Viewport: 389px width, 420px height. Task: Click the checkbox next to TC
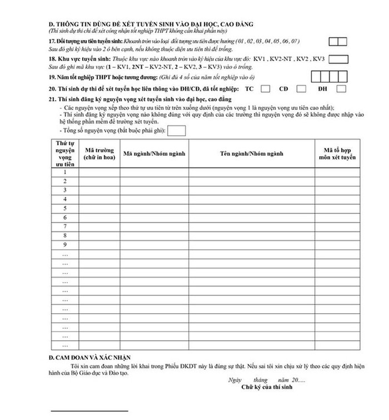(x=266, y=88)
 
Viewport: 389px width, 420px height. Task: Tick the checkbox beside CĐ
(x=302, y=88)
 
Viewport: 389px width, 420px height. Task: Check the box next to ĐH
(x=341, y=88)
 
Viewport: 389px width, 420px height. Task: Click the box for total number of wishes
(x=176, y=130)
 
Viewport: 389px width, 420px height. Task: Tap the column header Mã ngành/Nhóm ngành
(x=154, y=152)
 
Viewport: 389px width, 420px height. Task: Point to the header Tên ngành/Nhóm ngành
(x=252, y=152)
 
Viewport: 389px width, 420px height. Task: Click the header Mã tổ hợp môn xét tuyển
(x=340, y=153)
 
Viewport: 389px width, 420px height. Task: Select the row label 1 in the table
(x=65, y=172)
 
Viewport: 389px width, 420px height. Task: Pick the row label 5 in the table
(x=65, y=208)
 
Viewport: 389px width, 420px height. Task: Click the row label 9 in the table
(x=65, y=245)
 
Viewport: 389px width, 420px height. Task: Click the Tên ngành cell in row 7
(x=252, y=226)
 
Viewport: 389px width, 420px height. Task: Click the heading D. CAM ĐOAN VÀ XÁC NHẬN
(x=88, y=357)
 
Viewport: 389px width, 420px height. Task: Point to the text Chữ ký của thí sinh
(x=264, y=387)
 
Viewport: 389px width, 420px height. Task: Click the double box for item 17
(x=337, y=41)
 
